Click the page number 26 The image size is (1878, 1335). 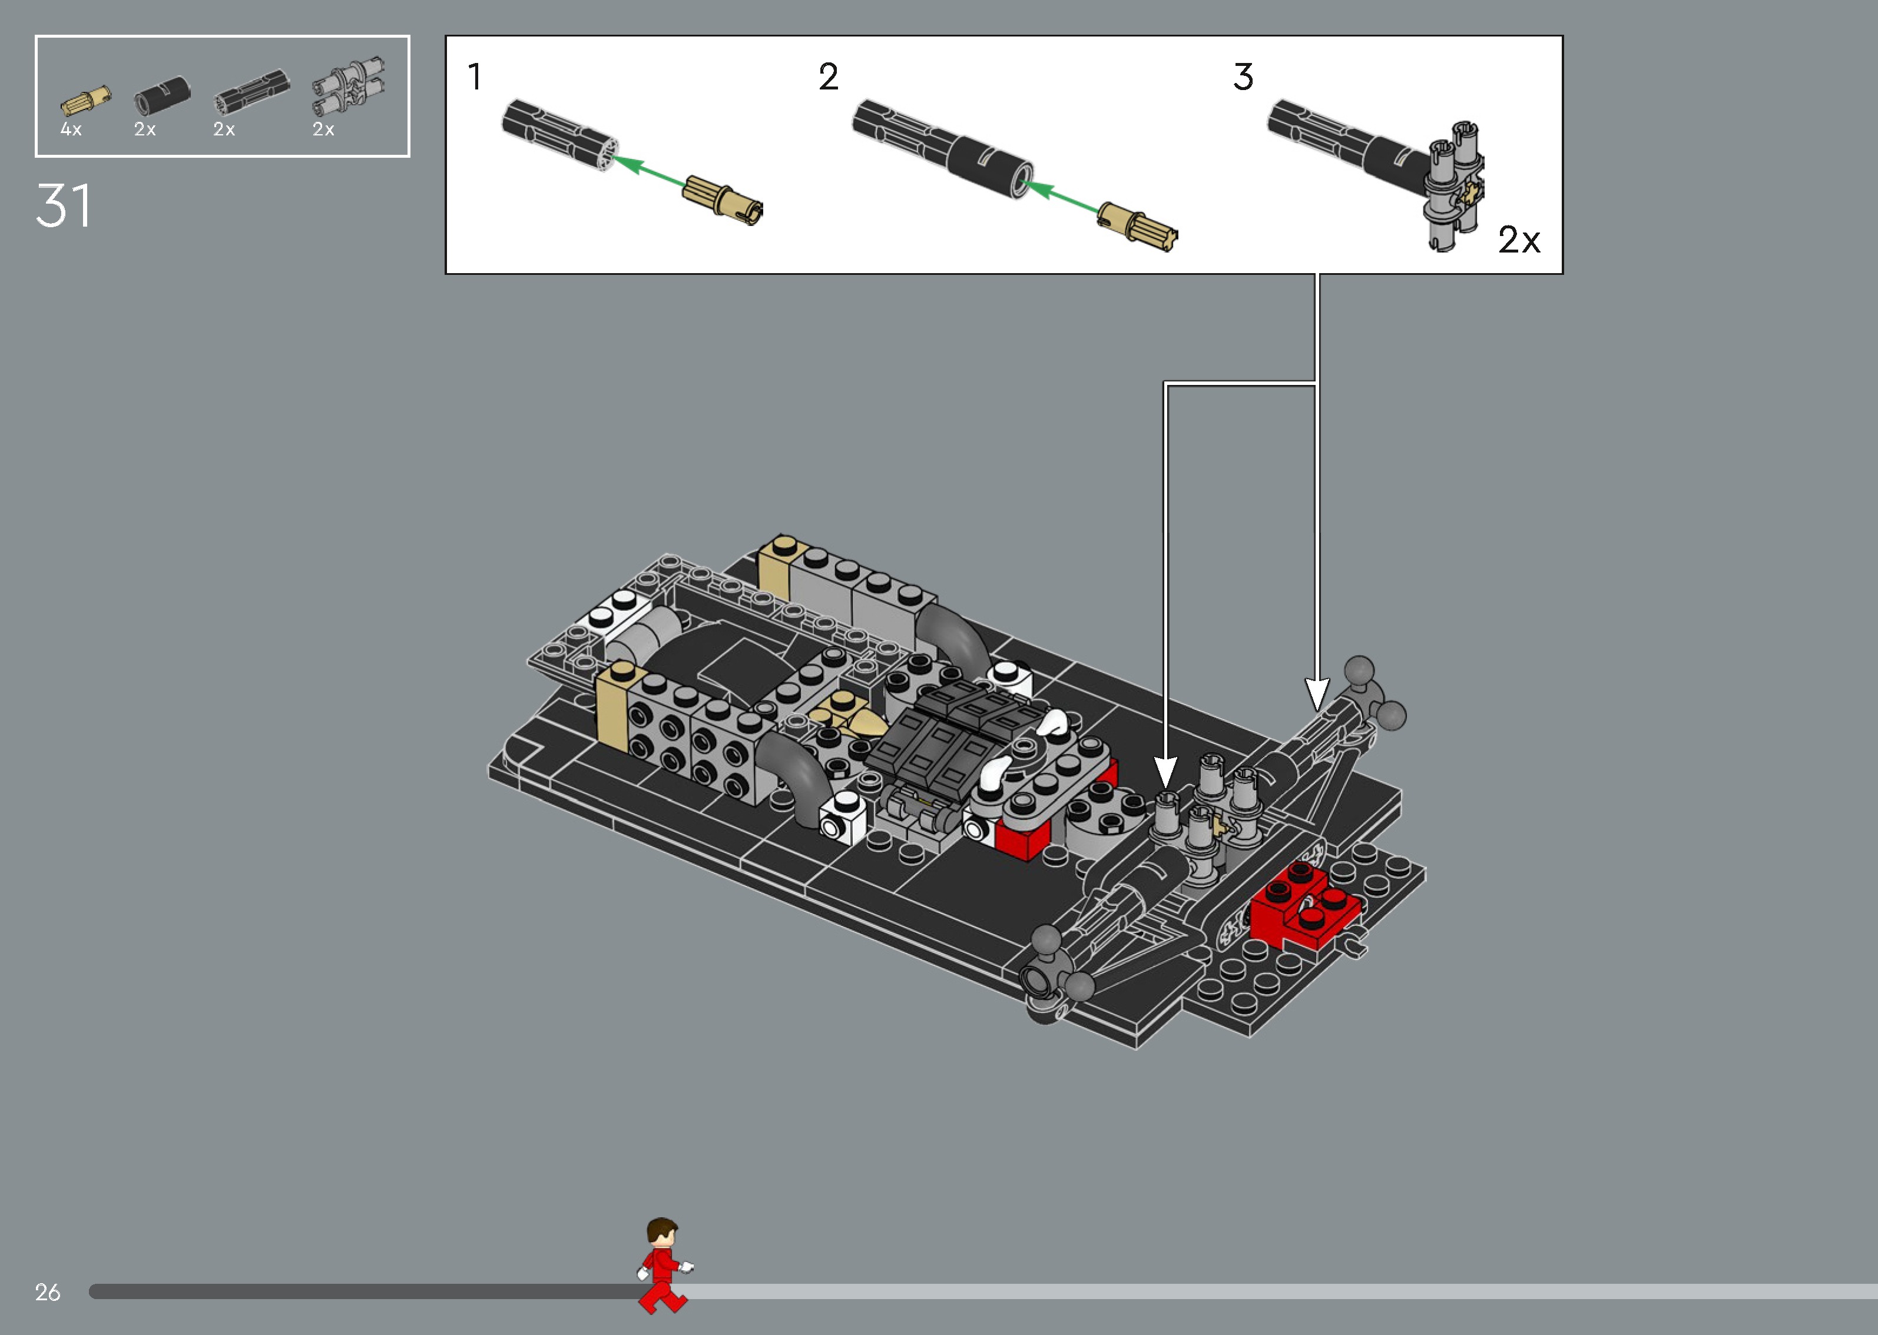click(x=48, y=1292)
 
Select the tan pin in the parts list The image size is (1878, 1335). click(x=85, y=100)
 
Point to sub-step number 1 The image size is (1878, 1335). click(x=475, y=77)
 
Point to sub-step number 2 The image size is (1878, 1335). click(x=828, y=77)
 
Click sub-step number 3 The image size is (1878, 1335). click(x=1243, y=77)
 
